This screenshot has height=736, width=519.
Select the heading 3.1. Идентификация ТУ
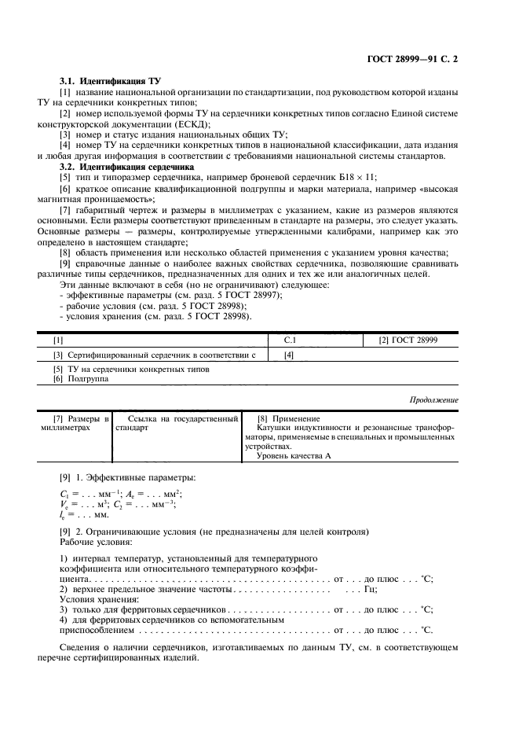tap(105, 81)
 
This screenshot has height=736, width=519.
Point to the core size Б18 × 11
tap(360, 178)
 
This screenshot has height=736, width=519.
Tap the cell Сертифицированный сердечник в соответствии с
tap(161, 355)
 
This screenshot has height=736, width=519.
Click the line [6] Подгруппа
tap(81, 378)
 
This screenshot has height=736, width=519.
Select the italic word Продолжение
tap(434, 400)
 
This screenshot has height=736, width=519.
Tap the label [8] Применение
tap(288, 418)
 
